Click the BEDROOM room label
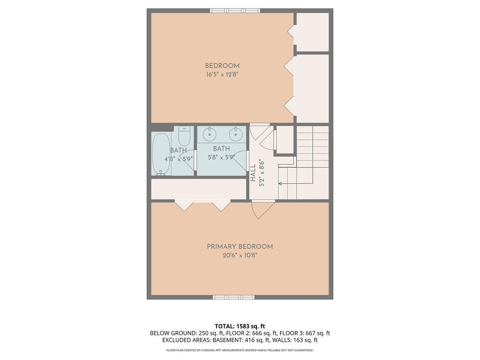tap(222, 66)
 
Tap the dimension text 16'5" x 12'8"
tap(222, 75)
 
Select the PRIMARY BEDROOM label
tap(240, 247)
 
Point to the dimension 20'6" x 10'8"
tap(240, 255)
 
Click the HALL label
tap(253, 173)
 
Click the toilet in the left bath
tap(184, 137)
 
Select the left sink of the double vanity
tap(209, 135)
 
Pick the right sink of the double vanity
tap(236, 135)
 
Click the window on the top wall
tap(234, 10)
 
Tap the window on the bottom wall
tap(234, 297)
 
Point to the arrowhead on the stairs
tap(280, 184)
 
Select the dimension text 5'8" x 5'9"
tap(222, 158)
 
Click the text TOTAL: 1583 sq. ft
tap(240, 326)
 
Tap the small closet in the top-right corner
tap(313, 32)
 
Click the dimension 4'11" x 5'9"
tap(179, 159)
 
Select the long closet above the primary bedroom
tap(198, 189)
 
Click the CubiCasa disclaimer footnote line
tap(240, 350)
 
